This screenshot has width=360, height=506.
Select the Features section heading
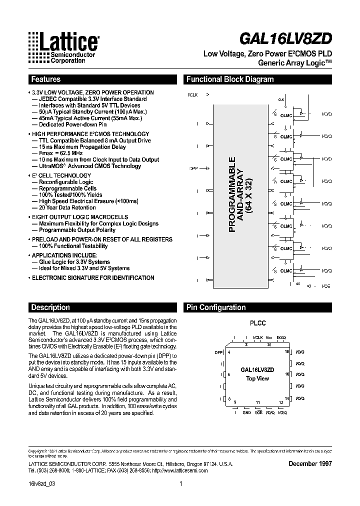(45, 79)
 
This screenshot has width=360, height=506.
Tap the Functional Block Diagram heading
(229, 79)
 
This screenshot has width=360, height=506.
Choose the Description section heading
(50, 307)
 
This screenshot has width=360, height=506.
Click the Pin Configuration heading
(215, 307)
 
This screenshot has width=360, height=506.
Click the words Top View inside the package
(257, 378)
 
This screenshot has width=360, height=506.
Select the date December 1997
(310, 463)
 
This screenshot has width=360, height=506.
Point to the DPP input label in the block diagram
(194, 168)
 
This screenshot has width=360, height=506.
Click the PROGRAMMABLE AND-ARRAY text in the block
(240, 195)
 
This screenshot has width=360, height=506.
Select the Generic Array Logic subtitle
(294, 63)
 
